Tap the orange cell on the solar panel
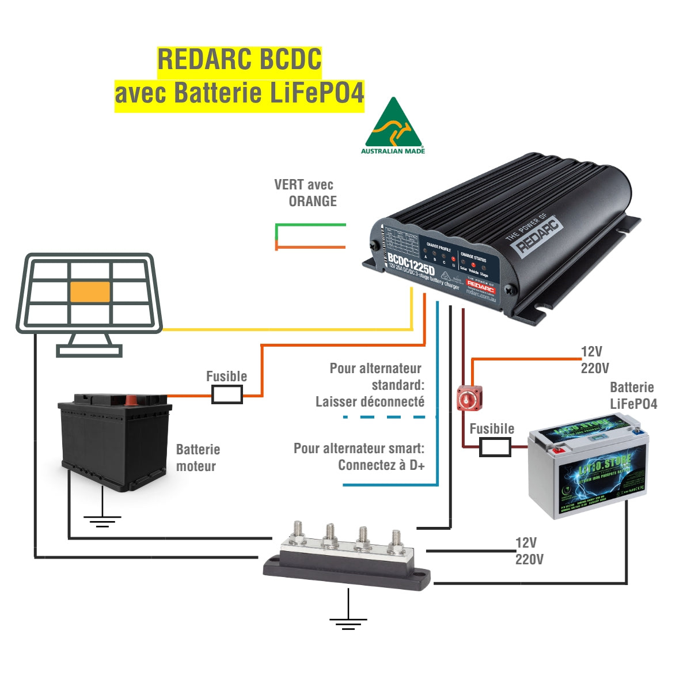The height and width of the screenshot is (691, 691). (90, 292)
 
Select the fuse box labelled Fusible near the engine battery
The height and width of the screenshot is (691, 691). (227, 394)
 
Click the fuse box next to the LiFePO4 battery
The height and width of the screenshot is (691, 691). (495, 447)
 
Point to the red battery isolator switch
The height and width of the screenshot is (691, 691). (469, 398)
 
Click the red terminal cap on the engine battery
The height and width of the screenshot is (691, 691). (132, 399)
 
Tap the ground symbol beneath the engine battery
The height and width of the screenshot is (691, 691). (102, 521)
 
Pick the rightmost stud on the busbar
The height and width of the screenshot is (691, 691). (396, 540)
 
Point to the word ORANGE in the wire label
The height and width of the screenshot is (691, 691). (313, 202)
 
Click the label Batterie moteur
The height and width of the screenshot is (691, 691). (198, 458)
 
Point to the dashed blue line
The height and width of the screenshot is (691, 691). (389, 416)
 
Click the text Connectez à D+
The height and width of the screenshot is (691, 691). (381, 465)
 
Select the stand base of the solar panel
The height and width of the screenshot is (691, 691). (89, 351)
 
